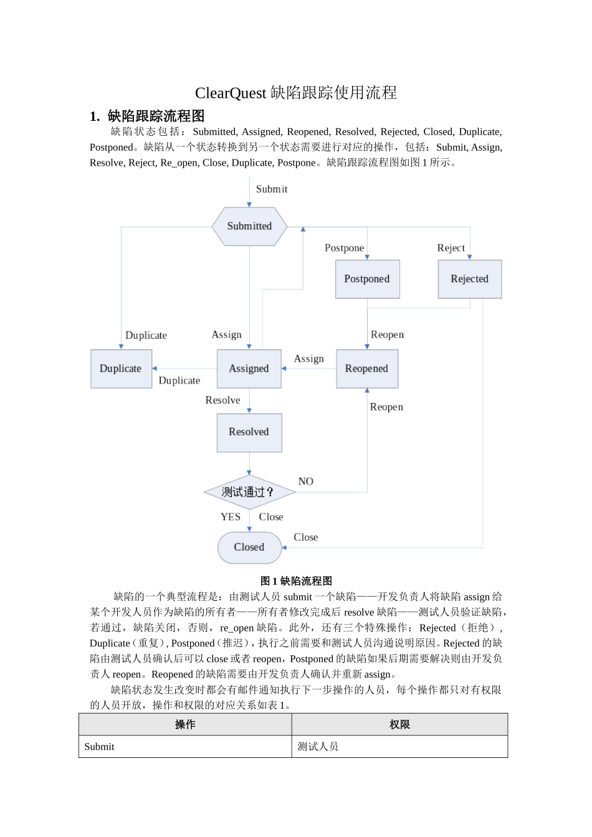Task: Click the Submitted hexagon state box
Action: pyautogui.click(x=249, y=226)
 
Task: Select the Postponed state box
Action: pyautogui.click(x=367, y=279)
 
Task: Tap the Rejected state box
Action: pyautogui.click(x=469, y=279)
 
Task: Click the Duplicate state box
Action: pyautogui.click(x=121, y=369)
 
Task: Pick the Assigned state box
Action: pyautogui.click(x=249, y=369)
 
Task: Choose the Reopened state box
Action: pyautogui.click(x=366, y=369)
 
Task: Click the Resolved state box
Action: pyautogui.click(x=249, y=432)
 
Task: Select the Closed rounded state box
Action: pyautogui.click(x=249, y=547)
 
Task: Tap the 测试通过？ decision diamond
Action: pyautogui.click(x=249, y=492)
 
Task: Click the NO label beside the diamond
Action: pyautogui.click(x=305, y=481)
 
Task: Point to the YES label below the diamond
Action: pyautogui.click(x=231, y=517)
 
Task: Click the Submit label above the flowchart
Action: pyautogui.click(x=272, y=189)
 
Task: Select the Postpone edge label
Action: pyautogui.click(x=344, y=248)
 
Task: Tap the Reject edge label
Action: pyautogui.click(x=451, y=248)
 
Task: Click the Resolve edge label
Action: pyautogui.click(x=222, y=400)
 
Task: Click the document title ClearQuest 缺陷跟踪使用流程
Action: pyautogui.click(x=296, y=93)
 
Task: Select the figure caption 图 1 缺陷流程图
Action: pyautogui.click(x=296, y=581)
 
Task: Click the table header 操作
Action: pyautogui.click(x=185, y=725)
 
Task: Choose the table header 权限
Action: pyautogui.click(x=399, y=725)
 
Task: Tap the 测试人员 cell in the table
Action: pyautogui.click(x=318, y=747)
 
